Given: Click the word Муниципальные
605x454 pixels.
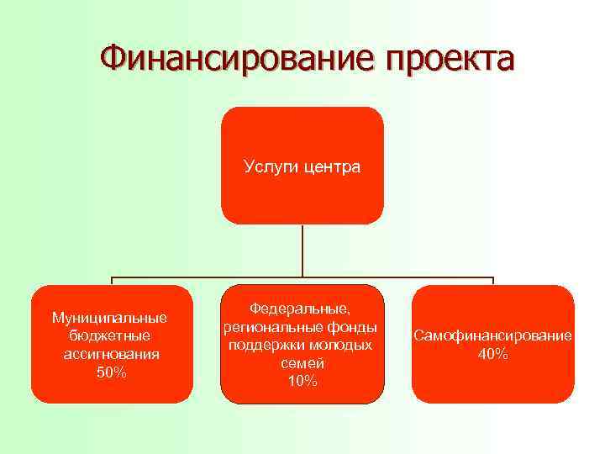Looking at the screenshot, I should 110,318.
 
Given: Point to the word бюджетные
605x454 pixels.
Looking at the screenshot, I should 110,336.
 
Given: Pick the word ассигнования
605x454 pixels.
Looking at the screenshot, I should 111,354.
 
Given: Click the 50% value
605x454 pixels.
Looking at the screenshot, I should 111,372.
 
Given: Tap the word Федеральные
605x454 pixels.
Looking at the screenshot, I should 302,309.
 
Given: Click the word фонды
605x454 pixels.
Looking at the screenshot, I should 353,327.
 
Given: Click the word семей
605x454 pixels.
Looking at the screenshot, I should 302,363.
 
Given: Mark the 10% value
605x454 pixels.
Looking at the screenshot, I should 302,381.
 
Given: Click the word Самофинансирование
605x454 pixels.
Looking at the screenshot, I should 492,336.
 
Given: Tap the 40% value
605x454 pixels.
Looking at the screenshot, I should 492,354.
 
